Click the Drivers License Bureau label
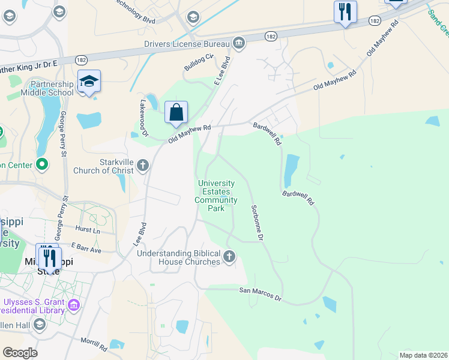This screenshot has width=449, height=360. click(x=187, y=44)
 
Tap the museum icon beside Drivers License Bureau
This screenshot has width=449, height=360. click(x=239, y=43)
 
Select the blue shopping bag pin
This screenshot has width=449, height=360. click(x=176, y=112)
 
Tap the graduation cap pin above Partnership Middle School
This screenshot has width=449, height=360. click(x=89, y=82)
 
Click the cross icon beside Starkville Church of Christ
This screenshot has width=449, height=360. click(x=143, y=164)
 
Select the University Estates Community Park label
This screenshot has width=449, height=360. click(x=216, y=196)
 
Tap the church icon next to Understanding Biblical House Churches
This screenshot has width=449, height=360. click(x=229, y=257)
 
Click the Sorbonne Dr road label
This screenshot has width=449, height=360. click(x=257, y=223)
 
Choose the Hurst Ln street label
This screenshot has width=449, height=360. click(x=88, y=229)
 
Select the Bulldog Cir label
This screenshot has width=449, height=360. click(x=199, y=62)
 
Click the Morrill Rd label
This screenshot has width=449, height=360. click(x=94, y=344)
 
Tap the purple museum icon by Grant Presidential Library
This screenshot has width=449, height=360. click(x=74, y=306)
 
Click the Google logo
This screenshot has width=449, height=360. click(x=20, y=353)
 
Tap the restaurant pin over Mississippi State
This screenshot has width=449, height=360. click(x=47, y=257)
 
